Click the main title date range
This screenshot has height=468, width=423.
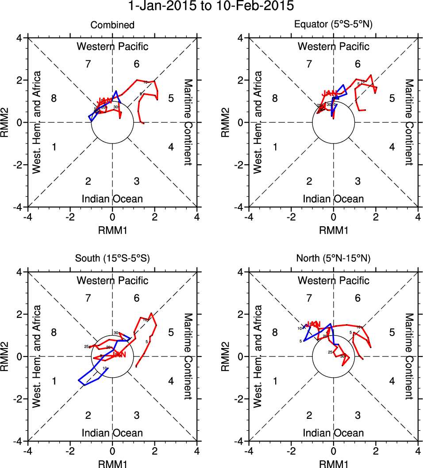211,6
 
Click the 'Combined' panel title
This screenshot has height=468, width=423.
112,25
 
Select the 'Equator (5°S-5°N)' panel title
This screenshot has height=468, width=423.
334,25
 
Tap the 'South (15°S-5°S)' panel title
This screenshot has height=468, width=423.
112,259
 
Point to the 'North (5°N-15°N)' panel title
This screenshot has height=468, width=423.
334,259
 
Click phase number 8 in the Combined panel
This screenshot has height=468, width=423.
54,98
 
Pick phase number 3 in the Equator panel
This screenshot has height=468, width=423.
358,181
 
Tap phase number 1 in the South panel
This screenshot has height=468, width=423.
54,381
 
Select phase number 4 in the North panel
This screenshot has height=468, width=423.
392,381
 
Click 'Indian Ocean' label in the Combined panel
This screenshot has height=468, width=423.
112,199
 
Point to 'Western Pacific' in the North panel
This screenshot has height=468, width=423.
334,280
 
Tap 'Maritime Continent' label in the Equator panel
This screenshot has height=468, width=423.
409,122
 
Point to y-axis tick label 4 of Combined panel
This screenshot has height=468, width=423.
20,38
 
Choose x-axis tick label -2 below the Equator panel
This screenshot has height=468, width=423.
290,217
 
